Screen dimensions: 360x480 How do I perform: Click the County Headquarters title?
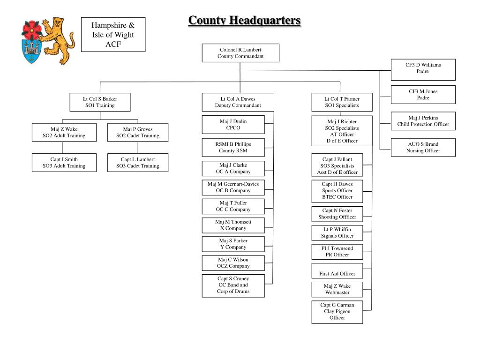tap(244, 21)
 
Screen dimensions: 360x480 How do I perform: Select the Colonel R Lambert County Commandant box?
tap(240, 53)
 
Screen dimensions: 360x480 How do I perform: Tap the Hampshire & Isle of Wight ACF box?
tap(113, 35)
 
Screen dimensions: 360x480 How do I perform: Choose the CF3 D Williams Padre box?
tap(423, 68)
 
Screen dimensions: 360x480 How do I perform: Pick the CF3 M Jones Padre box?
tap(423, 95)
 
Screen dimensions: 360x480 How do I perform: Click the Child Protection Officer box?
tap(423, 121)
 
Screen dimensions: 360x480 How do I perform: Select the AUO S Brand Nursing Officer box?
tap(423, 147)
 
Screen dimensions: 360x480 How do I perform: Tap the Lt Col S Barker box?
tap(100, 102)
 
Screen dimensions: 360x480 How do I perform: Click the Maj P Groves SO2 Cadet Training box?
tap(138, 133)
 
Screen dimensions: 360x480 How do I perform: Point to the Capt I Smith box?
tap(64, 163)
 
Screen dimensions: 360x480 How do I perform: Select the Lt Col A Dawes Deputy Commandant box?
tap(238, 102)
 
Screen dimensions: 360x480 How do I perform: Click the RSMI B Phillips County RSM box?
tap(233, 147)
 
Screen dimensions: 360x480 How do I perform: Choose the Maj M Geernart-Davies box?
tap(233, 187)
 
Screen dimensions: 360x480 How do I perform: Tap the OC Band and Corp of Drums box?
tap(233, 285)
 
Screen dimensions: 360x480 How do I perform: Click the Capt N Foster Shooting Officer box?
tap(337, 214)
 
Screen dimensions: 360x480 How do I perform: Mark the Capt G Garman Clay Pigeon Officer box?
tap(337, 312)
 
